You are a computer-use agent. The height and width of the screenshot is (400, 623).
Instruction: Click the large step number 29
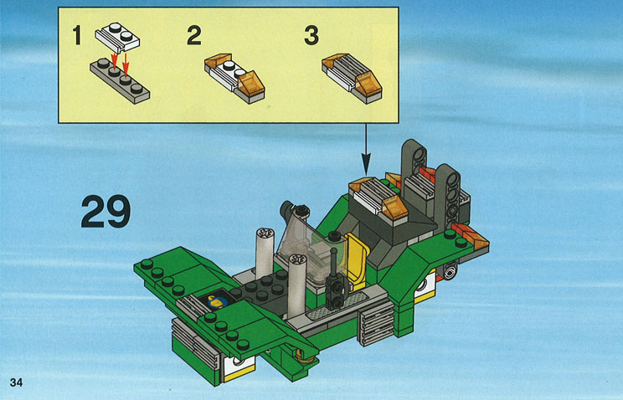(x=106, y=212)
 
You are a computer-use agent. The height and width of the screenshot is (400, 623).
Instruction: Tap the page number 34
(x=16, y=382)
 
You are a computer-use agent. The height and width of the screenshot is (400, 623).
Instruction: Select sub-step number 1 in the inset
(x=77, y=35)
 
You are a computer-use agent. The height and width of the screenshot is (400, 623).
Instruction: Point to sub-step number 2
(x=194, y=35)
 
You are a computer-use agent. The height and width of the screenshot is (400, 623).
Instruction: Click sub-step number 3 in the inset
(x=311, y=35)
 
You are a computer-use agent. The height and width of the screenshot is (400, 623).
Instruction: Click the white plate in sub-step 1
(x=117, y=37)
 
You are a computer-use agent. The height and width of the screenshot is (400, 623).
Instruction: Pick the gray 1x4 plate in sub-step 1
(x=120, y=81)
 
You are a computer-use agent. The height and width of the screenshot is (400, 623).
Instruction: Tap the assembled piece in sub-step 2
(x=234, y=79)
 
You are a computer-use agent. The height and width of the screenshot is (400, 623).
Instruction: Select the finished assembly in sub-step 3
(x=352, y=79)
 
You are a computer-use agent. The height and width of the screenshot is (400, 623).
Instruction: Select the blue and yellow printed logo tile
(x=217, y=302)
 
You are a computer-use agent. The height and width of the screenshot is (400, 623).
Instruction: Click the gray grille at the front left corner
(x=195, y=342)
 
